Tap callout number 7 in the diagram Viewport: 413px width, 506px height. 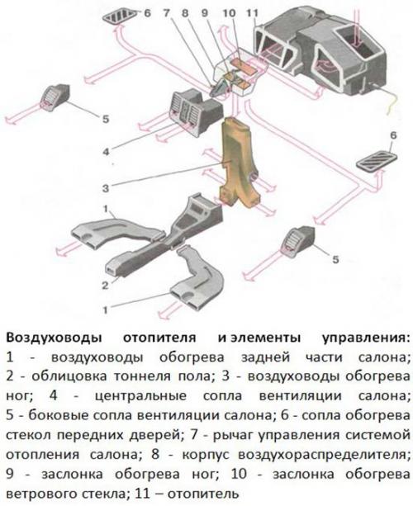(168, 14)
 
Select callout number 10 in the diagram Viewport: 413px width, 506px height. (228, 14)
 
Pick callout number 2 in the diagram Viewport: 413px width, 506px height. (106, 286)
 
